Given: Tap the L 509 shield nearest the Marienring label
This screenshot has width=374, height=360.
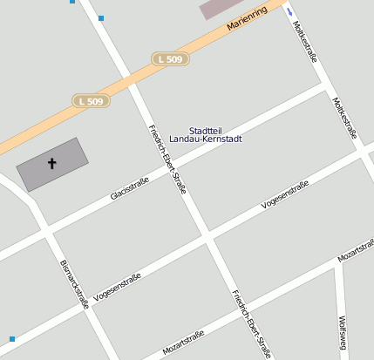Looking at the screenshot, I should coord(169,58).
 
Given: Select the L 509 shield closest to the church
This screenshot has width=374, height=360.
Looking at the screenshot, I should coord(90,101).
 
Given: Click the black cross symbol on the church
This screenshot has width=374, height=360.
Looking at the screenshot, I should coord(51,163).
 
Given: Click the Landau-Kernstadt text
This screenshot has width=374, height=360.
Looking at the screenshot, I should coord(205,139).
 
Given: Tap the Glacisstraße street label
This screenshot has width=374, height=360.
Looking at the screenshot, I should coord(130,188).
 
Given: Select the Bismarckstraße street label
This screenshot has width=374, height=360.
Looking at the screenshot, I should coord(74,283).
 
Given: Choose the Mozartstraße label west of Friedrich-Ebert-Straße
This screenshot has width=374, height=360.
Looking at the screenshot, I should coord(183,340).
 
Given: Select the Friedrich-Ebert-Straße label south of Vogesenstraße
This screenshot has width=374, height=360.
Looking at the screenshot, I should coord(251,323).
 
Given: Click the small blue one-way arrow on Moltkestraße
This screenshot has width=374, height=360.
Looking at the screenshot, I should coord(289,13).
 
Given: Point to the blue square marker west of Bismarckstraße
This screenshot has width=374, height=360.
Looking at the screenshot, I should coord(12,338).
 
